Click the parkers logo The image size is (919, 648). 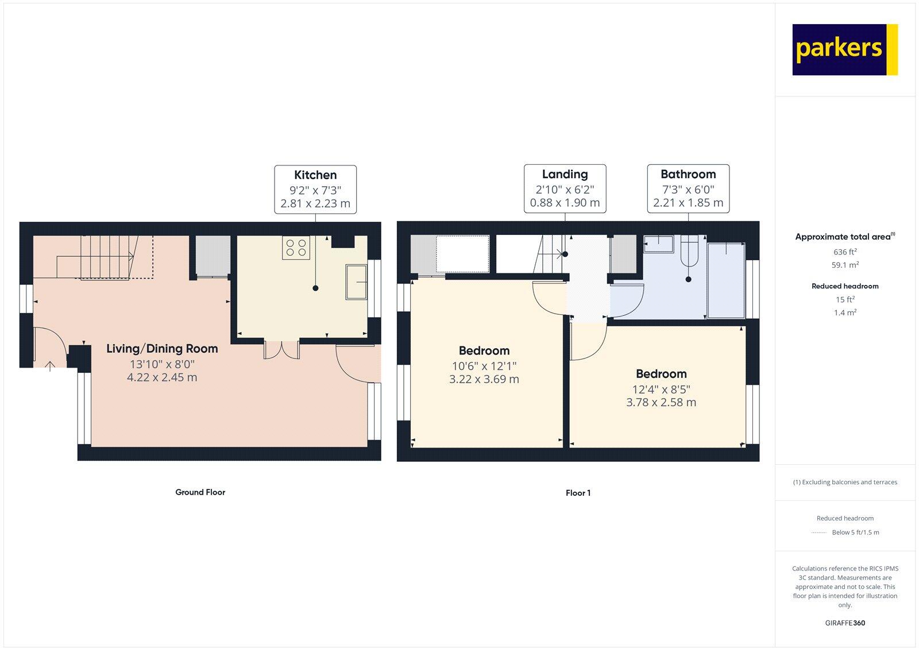844,49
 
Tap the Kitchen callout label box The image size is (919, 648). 315,189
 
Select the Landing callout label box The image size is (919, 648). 565,188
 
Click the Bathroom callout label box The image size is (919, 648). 688,188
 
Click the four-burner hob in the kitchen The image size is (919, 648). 296,248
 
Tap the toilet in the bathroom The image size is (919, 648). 689,253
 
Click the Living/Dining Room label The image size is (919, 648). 162,349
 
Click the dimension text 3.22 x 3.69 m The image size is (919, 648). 484,379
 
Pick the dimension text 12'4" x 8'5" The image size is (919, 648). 661,389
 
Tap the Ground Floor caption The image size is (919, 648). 200,492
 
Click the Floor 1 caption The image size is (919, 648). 578,493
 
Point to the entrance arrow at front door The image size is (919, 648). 50,366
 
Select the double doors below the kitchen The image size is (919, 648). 281,349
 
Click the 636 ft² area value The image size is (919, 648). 844,252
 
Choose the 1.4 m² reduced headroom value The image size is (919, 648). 844,313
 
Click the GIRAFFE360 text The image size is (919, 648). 845,623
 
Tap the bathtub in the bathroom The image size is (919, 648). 725,280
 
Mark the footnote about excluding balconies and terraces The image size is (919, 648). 845,482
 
